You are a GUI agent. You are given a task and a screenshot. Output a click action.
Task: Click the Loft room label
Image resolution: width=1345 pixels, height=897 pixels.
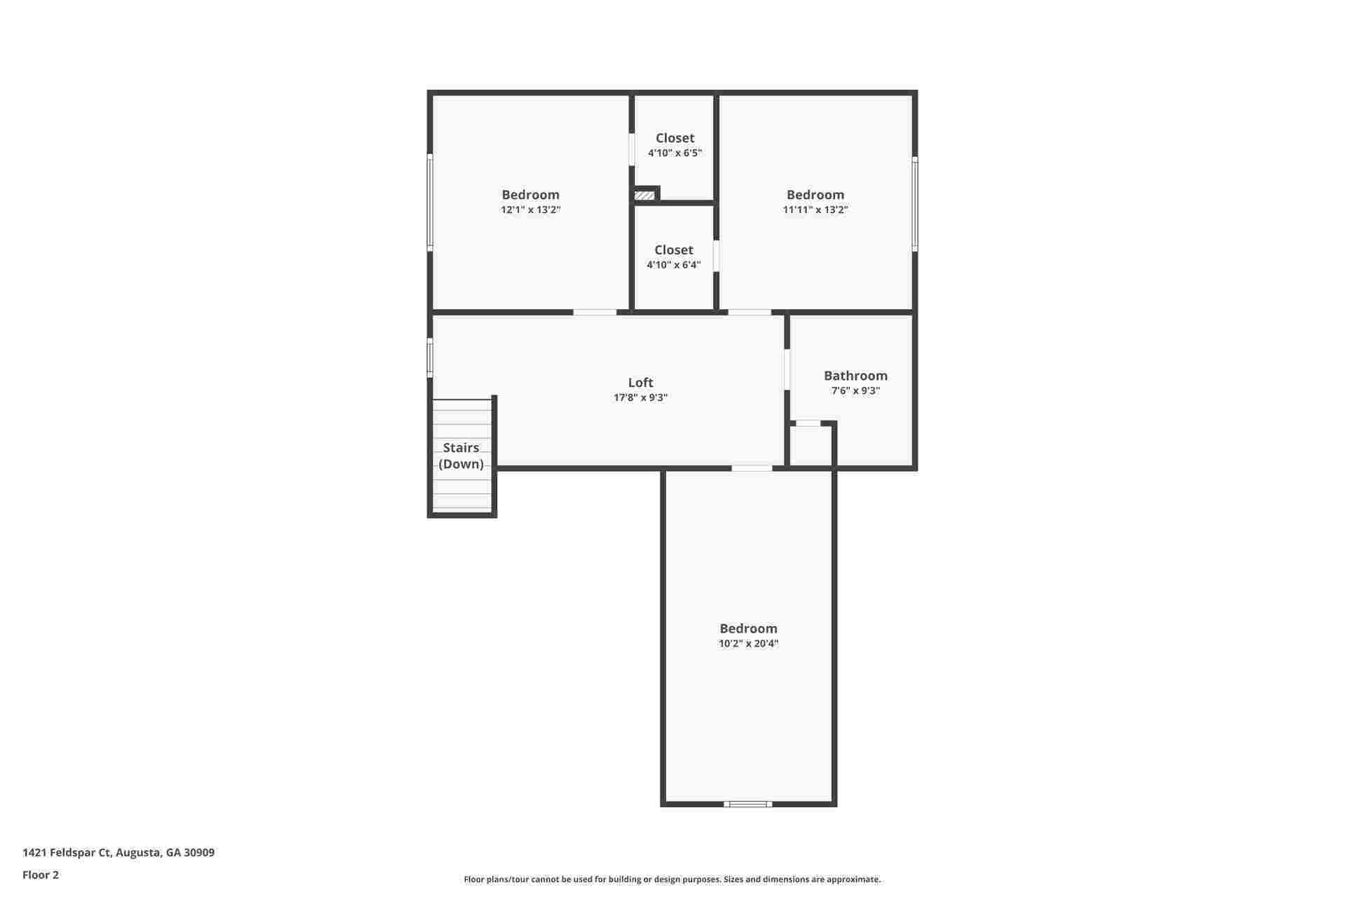640,383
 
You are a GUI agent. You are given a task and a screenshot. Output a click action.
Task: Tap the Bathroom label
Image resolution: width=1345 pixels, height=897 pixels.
855,376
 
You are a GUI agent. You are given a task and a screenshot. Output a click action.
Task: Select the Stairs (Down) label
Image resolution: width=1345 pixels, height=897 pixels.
461,456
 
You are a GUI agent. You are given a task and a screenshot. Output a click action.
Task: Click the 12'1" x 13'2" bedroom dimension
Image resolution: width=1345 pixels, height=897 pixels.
530,210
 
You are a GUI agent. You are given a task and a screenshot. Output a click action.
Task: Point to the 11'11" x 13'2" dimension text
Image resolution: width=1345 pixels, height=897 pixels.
815,210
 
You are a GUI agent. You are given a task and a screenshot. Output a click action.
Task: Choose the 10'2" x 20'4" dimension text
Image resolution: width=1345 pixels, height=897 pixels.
748,643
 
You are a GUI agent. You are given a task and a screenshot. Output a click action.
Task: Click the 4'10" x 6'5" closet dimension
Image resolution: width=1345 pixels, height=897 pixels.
675,153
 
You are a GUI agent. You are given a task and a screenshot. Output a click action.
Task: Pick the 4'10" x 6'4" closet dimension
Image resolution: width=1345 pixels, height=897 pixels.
673,265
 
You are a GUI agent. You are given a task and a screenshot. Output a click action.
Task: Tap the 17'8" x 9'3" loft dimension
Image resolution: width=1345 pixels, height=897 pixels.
640,397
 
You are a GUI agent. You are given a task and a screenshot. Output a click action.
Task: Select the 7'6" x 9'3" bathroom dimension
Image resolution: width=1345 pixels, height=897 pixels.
855,390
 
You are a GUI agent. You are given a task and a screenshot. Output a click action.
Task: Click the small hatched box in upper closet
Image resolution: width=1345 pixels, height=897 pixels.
644,196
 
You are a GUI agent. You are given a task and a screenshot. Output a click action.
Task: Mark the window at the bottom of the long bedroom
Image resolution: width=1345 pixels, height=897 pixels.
748,804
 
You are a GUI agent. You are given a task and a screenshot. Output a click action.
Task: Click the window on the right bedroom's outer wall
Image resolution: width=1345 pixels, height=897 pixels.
915,203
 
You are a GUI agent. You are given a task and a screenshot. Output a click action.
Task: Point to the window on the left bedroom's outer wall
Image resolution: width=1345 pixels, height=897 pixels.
430,202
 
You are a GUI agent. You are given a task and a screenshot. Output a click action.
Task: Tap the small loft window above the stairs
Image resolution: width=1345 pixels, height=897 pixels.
430,357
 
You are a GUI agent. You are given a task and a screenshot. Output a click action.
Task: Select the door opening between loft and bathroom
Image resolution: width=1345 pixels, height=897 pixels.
787,369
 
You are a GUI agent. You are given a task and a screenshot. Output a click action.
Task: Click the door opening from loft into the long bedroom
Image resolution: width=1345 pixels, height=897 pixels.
752,468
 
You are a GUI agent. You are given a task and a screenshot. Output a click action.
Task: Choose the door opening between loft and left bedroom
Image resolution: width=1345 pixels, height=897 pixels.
595,312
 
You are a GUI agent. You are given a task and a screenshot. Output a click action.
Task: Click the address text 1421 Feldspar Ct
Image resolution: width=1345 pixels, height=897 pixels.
118,853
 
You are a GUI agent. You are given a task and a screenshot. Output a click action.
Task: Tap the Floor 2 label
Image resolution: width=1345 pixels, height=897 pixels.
41,875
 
